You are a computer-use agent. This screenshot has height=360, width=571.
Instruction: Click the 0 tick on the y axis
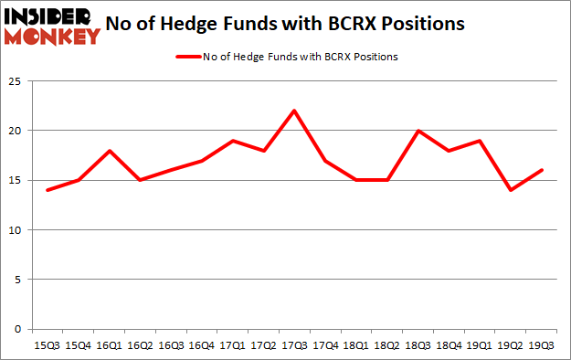[16, 330]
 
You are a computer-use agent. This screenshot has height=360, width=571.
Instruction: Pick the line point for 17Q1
[231, 141]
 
